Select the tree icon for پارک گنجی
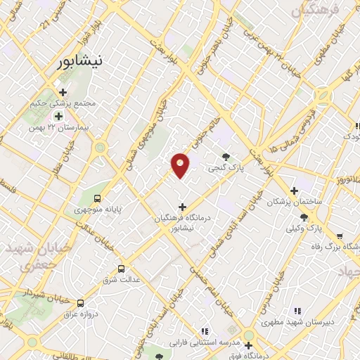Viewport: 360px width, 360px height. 225,157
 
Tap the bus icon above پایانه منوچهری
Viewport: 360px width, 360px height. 97,198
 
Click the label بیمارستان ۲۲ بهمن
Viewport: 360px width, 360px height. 53,128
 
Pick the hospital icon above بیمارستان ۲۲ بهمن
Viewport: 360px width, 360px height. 59,117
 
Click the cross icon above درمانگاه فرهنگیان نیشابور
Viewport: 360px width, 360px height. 183,207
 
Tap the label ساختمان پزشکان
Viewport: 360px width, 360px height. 294,202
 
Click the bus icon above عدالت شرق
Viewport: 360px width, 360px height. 121,268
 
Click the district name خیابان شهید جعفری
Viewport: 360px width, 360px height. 32,257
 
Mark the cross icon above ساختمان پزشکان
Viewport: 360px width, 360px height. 294,191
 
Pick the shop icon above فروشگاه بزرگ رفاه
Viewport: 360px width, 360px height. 340,236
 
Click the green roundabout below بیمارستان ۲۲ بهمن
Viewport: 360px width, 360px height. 100,148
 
